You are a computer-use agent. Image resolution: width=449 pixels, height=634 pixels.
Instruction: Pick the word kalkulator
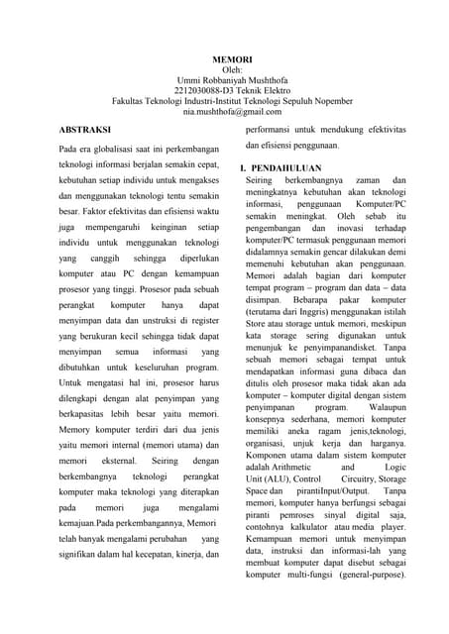(x=318, y=528)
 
